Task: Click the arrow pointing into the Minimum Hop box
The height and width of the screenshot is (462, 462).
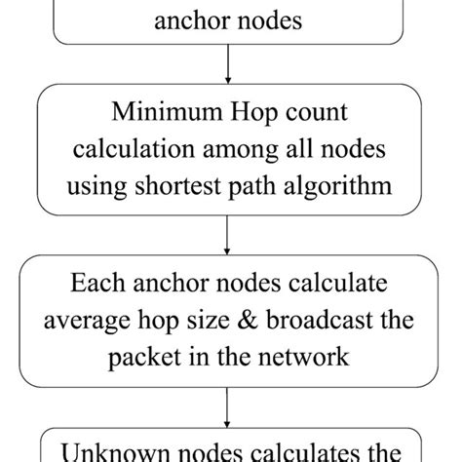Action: pos(227,73)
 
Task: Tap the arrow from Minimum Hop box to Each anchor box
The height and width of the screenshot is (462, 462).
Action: pos(227,234)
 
